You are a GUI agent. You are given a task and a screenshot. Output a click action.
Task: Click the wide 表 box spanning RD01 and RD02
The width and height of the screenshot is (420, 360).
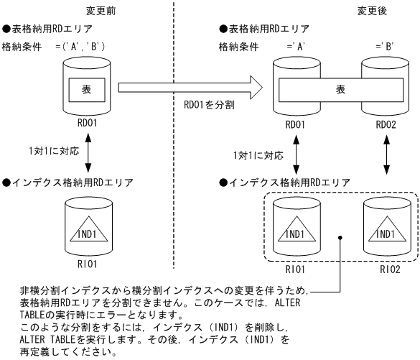point(340,91)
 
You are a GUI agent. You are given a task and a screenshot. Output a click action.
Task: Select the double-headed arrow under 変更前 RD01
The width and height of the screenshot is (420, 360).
point(86,153)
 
